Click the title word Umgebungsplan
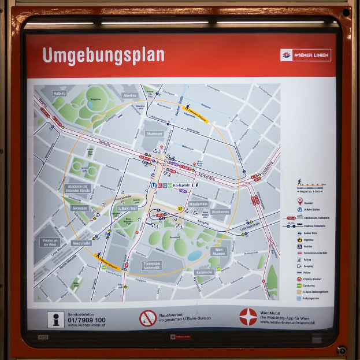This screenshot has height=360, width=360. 103,55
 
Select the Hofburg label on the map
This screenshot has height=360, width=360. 60,93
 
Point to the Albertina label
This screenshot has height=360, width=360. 130,95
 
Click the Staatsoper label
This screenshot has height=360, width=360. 153,133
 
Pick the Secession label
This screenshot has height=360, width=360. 80,208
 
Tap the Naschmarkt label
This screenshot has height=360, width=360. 82,243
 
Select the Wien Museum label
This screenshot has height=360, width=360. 219,252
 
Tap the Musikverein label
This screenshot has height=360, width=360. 220,212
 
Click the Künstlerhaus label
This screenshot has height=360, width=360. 198,205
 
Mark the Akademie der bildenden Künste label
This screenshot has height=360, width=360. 77,190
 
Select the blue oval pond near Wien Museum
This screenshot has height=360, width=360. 195,255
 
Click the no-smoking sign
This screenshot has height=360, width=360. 148,318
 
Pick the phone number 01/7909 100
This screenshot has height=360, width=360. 87,320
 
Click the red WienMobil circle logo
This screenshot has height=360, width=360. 248,317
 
